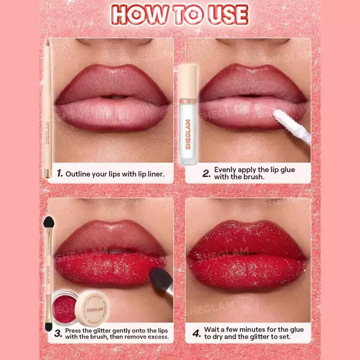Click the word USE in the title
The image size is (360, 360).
(x=228, y=15)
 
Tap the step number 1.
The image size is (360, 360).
(x=60, y=173)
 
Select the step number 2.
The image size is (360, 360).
(x=207, y=174)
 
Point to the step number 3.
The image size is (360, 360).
(x=58, y=333)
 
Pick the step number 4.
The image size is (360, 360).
(x=197, y=333)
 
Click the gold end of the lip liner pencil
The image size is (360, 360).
(x=48, y=173)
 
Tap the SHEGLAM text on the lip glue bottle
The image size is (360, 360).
(x=188, y=134)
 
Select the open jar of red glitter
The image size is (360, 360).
(x=63, y=308)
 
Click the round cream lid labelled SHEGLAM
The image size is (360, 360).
(x=92, y=309)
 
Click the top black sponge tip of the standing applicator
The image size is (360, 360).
(x=49, y=222)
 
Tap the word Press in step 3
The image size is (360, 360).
(x=73, y=331)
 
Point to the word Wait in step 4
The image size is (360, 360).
(x=211, y=329)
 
